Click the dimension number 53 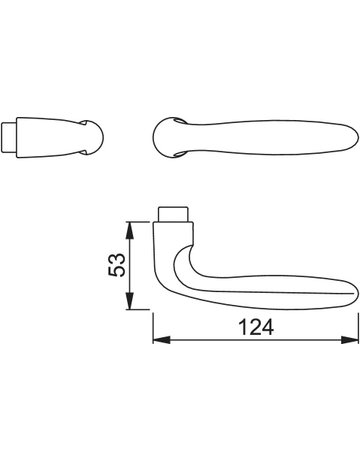117,265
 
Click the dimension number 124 257,327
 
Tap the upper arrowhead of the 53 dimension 130,231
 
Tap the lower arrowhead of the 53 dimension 130,301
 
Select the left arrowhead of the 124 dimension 162,340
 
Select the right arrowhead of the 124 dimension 349,340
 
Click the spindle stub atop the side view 173,214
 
